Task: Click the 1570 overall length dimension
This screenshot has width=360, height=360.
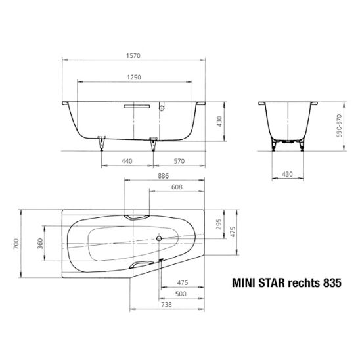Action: (133, 56)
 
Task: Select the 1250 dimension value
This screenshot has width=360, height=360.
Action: (134, 77)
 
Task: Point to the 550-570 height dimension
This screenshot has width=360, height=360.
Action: (339, 125)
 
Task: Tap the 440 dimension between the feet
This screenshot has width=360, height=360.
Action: (127, 161)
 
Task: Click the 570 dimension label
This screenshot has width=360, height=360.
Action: (179, 161)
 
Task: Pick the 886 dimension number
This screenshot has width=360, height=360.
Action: (163, 176)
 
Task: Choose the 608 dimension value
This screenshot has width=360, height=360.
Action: (177, 187)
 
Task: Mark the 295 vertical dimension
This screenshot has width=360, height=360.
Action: (219, 224)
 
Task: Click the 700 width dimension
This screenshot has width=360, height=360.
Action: (16, 244)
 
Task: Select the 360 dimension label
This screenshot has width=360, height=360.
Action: (40, 244)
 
